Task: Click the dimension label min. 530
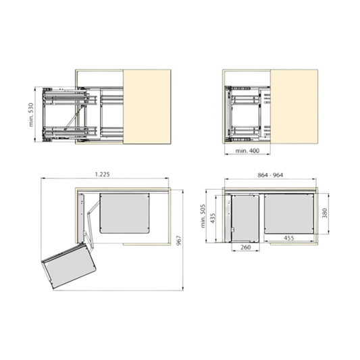31,115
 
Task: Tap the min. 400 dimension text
247,151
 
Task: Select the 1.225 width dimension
103,174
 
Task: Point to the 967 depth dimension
179,240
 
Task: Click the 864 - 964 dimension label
270,175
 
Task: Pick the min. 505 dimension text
203,216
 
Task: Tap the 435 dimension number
213,218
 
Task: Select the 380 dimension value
324,213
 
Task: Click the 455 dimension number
289,238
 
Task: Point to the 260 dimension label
245,247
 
